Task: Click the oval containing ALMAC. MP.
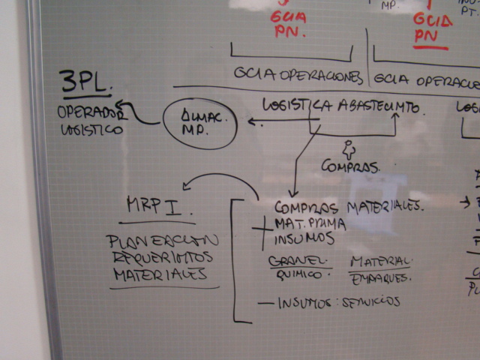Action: click(199, 123)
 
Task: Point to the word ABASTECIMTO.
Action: click(379, 108)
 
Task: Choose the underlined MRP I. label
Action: click(155, 206)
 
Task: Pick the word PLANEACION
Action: click(163, 241)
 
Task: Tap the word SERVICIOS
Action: click(371, 302)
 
